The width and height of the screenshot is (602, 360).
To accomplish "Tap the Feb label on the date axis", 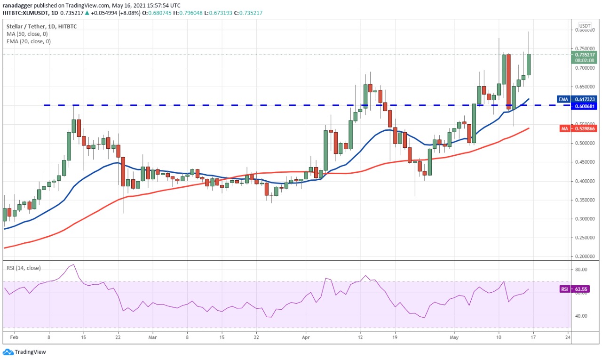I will coord(14,337).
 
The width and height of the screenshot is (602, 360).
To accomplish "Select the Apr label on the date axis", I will coord(305,337).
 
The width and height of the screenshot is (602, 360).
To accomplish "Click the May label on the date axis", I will coord(453,337).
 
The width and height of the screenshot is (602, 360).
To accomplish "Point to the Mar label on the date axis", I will coord(152,337).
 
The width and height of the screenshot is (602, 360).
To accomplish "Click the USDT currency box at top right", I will coord(585,25).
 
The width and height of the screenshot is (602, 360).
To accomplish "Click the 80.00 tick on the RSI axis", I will coord(581,270).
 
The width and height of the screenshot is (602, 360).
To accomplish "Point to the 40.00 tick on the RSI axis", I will coord(581,316).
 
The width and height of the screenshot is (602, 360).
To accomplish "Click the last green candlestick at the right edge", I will coord(529,64).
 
